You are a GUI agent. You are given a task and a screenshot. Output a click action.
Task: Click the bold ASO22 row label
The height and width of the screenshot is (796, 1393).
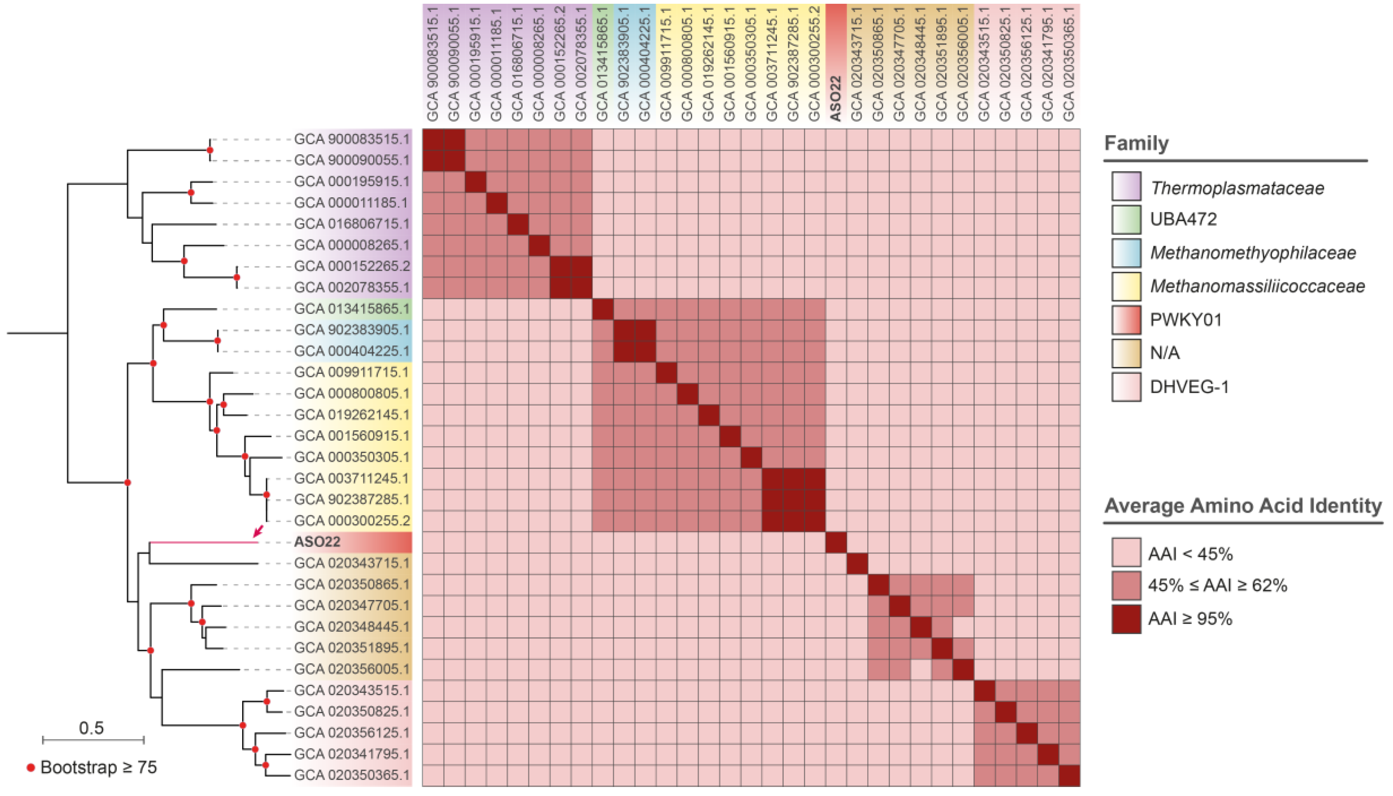(317, 542)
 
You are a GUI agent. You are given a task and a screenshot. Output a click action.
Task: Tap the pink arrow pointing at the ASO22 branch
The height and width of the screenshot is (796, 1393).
(258, 530)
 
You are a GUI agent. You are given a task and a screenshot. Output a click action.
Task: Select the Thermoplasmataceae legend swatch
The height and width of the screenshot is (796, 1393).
(1126, 186)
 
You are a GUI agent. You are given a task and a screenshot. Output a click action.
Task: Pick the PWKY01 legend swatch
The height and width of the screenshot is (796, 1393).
(1126, 320)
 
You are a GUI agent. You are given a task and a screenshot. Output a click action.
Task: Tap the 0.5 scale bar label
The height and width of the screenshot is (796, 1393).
(91, 728)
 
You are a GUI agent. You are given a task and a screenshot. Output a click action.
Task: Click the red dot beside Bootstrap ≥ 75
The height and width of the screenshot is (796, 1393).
(31, 767)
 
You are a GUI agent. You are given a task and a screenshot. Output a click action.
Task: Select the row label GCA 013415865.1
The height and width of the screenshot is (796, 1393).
(351, 309)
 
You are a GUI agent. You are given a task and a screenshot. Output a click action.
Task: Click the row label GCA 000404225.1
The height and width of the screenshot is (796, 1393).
(351, 351)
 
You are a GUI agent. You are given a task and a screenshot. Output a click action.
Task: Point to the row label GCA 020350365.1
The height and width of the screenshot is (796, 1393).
(351, 775)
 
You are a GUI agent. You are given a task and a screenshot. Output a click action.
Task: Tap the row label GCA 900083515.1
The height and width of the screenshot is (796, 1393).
(351, 139)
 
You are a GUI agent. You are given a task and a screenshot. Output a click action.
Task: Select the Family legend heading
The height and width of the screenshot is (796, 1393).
(1136, 143)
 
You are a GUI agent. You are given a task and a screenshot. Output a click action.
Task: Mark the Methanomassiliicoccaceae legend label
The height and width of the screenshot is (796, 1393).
(1257, 286)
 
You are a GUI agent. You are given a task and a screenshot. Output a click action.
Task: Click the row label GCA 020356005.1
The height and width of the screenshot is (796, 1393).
(351, 669)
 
